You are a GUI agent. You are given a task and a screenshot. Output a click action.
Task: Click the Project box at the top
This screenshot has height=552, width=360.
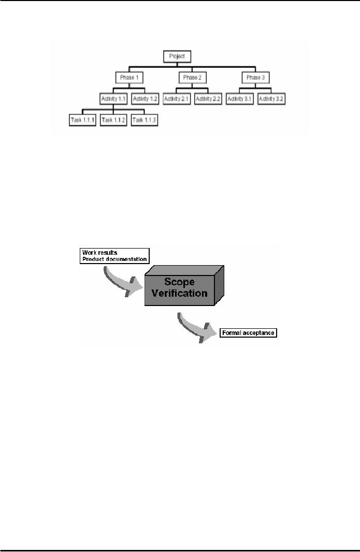(177, 56)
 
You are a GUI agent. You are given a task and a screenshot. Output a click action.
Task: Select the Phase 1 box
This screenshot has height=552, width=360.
(129, 78)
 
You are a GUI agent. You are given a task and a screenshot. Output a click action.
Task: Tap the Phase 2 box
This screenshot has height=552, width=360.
(193, 78)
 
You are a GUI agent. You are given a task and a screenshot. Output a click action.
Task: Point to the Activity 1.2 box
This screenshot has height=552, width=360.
(145, 98)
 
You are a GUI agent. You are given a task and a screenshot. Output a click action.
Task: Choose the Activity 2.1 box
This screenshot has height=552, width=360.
(177, 98)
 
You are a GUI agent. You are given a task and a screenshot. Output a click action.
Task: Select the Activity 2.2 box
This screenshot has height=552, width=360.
(208, 98)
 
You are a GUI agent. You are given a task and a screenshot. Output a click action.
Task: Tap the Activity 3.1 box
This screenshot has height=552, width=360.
(240, 98)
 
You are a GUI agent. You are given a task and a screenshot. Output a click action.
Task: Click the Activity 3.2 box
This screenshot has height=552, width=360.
(271, 98)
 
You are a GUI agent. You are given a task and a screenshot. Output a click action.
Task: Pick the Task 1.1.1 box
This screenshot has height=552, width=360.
(82, 120)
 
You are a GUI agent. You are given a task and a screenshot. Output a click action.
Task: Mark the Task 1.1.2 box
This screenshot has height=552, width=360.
(113, 120)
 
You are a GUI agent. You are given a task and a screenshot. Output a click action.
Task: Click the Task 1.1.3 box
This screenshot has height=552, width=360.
(145, 120)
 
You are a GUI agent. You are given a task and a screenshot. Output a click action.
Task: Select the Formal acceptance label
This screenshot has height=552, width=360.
(249, 333)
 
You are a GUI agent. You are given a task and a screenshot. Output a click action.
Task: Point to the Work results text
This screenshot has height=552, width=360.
(96, 252)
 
